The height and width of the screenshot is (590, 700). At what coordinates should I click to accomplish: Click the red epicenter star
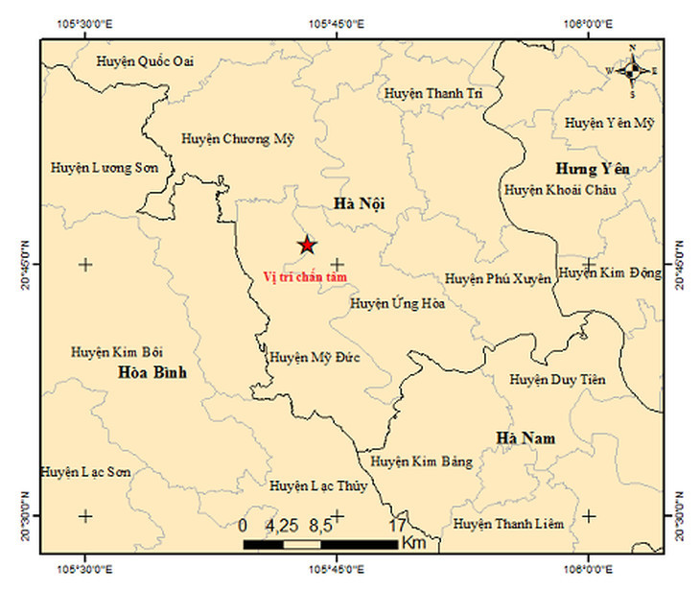(x=306, y=245)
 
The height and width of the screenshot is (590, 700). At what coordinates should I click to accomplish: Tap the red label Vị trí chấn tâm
(x=305, y=276)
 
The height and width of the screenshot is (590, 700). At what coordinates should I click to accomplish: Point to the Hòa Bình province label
(x=152, y=372)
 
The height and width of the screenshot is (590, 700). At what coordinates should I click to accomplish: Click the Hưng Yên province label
(x=592, y=169)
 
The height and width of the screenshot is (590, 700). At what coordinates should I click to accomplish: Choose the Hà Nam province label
(x=525, y=438)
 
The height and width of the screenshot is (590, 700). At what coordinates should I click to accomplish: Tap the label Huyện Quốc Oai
(x=146, y=61)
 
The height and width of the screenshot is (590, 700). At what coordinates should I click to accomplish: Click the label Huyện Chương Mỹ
(x=238, y=139)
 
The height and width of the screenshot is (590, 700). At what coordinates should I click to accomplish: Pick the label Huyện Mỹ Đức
(x=314, y=357)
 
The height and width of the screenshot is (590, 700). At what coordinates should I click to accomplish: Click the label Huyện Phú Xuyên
(x=498, y=279)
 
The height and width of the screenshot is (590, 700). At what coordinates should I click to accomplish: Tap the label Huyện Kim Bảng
(x=422, y=462)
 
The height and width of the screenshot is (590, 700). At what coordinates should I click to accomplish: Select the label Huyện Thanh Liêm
(x=508, y=524)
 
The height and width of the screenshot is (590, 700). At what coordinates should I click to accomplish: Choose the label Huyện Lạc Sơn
(x=85, y=473)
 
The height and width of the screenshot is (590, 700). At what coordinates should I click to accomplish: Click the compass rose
(x=631, y=70)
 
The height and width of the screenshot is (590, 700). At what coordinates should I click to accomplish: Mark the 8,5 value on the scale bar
(x=320, y=526)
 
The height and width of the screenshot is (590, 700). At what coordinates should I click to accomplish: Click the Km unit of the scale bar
(x=414, y=544)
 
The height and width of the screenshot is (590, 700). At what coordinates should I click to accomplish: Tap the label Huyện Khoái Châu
(x=560, y=190)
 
